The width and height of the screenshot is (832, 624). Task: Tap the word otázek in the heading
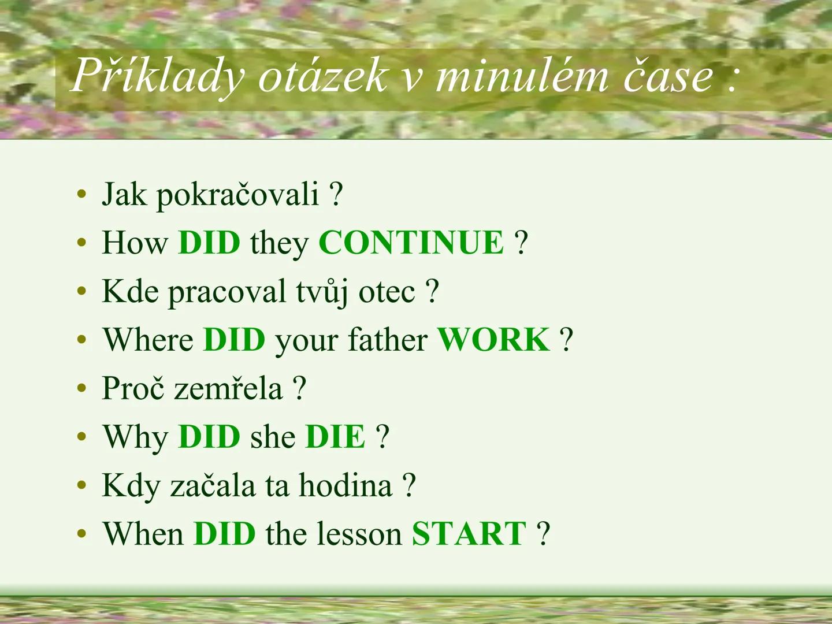tap(322, 76)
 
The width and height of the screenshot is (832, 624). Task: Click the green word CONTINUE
tap(411, 242)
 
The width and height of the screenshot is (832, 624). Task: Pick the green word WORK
tap(493, 339)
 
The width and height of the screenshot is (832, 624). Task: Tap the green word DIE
tap(335, 436)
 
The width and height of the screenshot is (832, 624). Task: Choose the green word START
tap(469, 533)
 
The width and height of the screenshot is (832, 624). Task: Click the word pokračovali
tap(237, 195)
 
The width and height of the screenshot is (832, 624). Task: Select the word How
tap(135, 242)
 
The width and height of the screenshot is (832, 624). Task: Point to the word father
tap(388, 339)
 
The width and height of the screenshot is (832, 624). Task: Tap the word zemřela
tap(228, 388)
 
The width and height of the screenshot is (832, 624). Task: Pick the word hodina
tap(345, 485)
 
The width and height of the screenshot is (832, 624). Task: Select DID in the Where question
tap(234, 339)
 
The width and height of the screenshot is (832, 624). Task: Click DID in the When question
tap(224, 533)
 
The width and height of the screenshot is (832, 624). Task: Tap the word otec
tap(387, 292)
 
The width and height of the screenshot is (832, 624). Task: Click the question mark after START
tap(543, 533)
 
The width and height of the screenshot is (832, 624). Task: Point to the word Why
tap(135, 437)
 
